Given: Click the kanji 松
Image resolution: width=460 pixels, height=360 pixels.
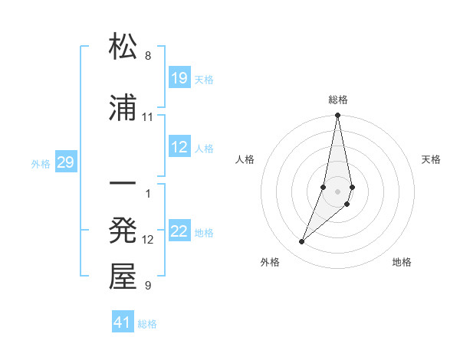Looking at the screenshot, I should tap(123, 47).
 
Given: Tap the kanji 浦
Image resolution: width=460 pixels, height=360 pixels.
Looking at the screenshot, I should tap(123, 109).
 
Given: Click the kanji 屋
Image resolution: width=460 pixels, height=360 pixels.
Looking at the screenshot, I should tap(123, 277).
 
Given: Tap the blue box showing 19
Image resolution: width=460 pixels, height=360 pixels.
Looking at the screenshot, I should tap(179, 77).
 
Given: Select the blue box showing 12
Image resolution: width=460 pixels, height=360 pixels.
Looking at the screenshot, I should tap(179, 147).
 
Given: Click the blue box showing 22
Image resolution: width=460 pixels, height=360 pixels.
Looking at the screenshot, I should tap(179, 231).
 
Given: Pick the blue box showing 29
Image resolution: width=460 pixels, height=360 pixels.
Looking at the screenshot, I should tap(65, 162).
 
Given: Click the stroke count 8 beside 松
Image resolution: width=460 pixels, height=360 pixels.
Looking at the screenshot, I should tap(148, 56).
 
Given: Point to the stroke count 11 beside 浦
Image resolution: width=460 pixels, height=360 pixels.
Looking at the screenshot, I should tap(148, 117).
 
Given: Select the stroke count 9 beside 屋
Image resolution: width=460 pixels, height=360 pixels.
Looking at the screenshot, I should tap(148, 286).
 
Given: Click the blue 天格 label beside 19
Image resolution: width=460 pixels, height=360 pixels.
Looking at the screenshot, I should tap(204, 79).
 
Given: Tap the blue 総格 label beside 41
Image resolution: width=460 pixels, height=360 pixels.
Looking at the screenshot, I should tap(147, 324).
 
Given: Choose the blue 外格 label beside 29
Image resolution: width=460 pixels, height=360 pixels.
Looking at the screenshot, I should tap(41, 163).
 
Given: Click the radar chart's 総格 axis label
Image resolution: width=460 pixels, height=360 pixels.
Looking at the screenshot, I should tap(338, 100).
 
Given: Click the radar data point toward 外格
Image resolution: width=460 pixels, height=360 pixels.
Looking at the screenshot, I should tap(301, 242).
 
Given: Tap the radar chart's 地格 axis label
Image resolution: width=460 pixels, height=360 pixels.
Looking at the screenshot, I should tap(402, 262).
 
